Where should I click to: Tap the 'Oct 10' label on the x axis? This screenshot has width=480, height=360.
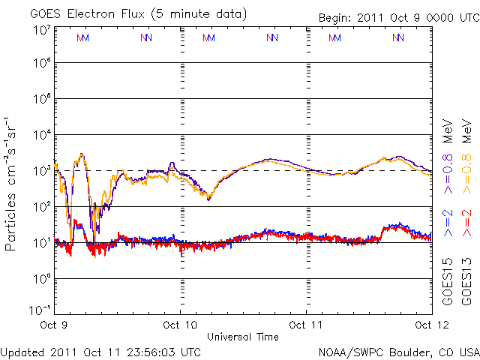[x=181, y=325]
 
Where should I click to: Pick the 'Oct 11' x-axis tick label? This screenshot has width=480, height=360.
[x=306, y=325]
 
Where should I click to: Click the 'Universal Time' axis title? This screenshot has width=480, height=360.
[x=243, y=337]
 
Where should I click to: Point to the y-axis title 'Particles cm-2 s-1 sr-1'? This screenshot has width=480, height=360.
[x=11, y=183]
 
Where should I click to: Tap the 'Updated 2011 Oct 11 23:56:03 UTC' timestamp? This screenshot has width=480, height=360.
[x=100, y=351]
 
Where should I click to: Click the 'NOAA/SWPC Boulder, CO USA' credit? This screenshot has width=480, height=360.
[x=398, y=351]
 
